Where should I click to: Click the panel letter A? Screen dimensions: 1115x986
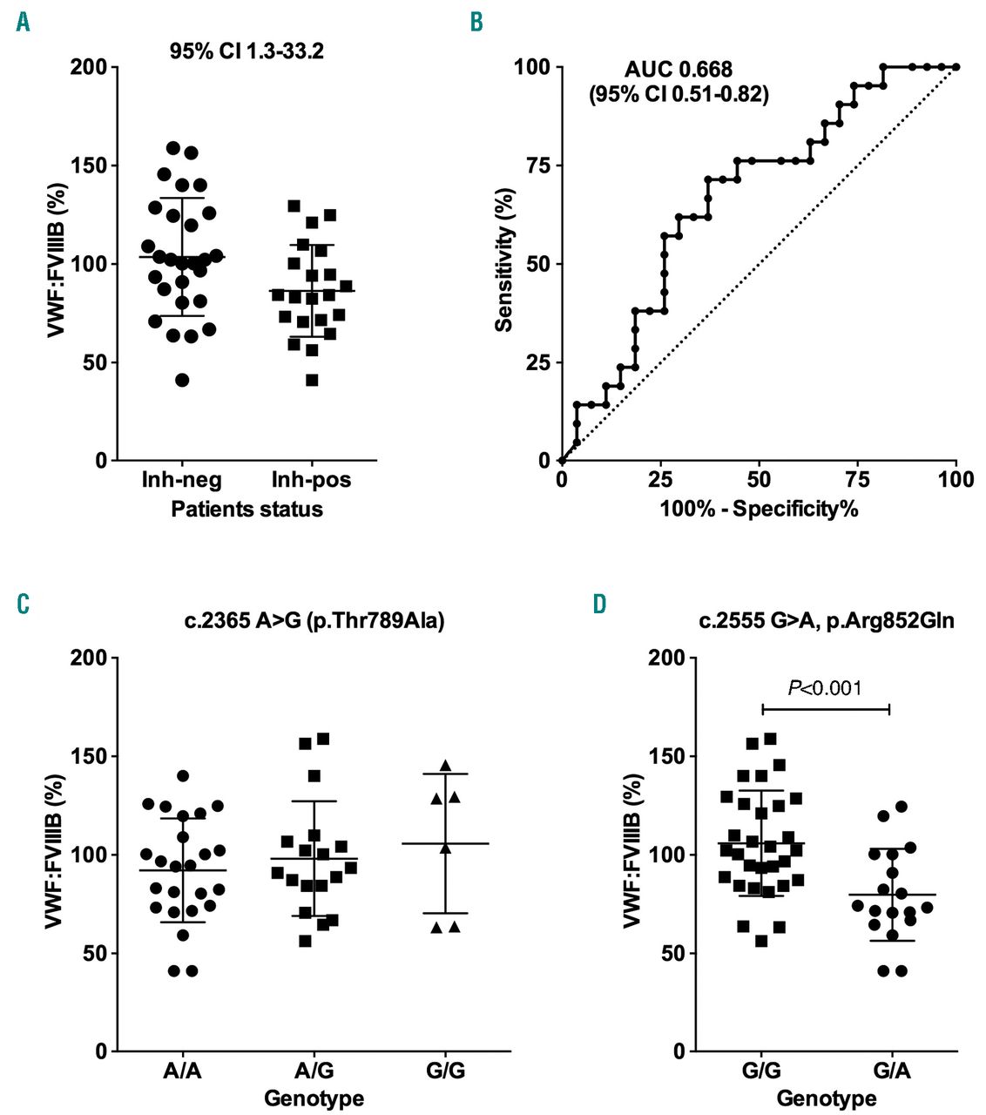(x=23, y=23)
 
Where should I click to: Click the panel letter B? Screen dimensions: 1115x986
(x=476, y=23)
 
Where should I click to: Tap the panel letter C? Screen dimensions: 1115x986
(x=24, y=603)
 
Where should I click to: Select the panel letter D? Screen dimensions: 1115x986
(x=599, y=603)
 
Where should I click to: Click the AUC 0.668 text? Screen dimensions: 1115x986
(x=679, y=70)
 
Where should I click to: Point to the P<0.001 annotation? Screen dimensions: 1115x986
(x=825, y=688)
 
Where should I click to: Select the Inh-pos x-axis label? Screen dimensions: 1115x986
(x=311, y=480)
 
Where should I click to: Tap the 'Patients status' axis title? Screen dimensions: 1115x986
(x=246, y=509)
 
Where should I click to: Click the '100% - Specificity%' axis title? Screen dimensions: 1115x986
(x=759, y=509)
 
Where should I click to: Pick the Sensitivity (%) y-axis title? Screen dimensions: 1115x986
(x=503, y=264)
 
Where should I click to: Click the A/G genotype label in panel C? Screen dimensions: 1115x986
(x=314, y=1070)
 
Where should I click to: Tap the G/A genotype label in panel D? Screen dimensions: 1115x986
(x=889, y=1070)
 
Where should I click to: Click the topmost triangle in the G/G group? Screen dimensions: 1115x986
(x=446, y=766)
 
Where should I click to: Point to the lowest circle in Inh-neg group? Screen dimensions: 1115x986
(x=182, y=380)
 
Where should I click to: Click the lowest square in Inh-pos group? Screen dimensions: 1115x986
(x=312, y=380)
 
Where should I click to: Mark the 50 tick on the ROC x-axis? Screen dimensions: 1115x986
(x=759, y=480)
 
